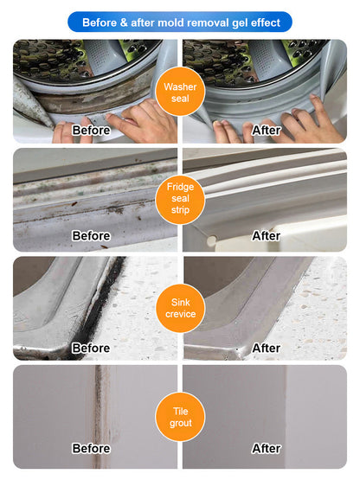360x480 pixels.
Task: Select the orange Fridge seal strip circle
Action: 179,199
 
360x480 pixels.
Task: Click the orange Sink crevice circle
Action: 179,307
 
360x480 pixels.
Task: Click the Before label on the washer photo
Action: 91,130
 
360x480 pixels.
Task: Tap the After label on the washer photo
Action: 267,130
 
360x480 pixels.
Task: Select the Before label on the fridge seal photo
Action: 91,236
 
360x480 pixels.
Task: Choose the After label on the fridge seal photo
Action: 267,236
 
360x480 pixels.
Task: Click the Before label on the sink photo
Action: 91,348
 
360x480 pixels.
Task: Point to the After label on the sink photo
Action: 267,348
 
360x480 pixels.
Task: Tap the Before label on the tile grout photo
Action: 91,449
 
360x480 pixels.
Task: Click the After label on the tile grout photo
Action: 267,449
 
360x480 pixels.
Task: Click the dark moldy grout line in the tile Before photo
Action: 105,406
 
